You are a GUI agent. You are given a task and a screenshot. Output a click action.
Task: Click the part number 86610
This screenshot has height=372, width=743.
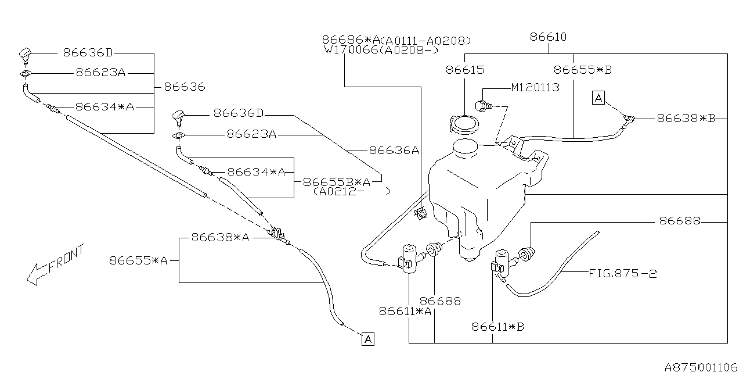point(549,37)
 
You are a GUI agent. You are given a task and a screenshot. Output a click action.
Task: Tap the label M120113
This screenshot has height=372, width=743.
point(535,88)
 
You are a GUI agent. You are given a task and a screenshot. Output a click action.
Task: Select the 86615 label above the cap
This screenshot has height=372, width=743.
point(465,70)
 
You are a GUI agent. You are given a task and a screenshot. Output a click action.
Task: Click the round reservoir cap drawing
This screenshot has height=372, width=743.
point(464,124)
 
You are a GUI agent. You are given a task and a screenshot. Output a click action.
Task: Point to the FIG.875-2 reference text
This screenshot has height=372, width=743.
point(623,274)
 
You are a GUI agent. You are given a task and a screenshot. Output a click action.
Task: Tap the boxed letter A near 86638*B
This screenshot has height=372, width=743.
point(598,98)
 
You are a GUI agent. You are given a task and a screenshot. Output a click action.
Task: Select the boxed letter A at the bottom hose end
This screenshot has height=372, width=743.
point(368,339)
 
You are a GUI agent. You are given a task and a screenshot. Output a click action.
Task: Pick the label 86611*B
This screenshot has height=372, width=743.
point(497,327)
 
